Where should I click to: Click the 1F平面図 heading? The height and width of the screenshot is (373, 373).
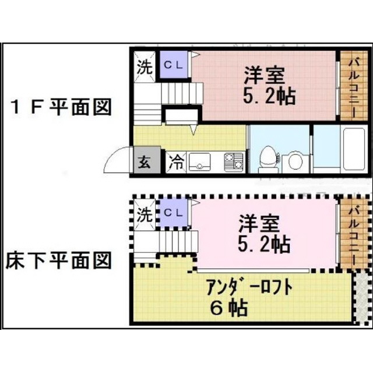pyautogui.click(x=61, y=107)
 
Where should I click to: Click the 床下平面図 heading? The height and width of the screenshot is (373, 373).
pyautogui.click(x=58, y=261)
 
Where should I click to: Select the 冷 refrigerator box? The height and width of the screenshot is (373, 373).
pyautogui.click(x=176, y=163)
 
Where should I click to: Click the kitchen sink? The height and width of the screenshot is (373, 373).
pyautogui.click(x=199, y=162)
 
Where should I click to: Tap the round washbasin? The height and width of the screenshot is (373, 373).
pyautogui.click(x=295, y=161)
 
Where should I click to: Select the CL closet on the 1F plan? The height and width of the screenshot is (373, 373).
pyautogui.click(x=174, y=64)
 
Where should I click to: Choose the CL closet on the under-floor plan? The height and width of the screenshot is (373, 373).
pyautogui.click(x=174, y=212)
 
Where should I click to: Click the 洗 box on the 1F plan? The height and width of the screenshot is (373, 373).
pyautogui.click(x=145, y=67)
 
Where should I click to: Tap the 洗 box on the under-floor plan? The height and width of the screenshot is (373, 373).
pyautogui.click(x=145, y=215)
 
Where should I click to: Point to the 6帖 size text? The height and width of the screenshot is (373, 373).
pyautogui.click(x=229, y=307)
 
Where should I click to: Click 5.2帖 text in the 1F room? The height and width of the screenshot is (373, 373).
pyautogui.click(x=269, y=96)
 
